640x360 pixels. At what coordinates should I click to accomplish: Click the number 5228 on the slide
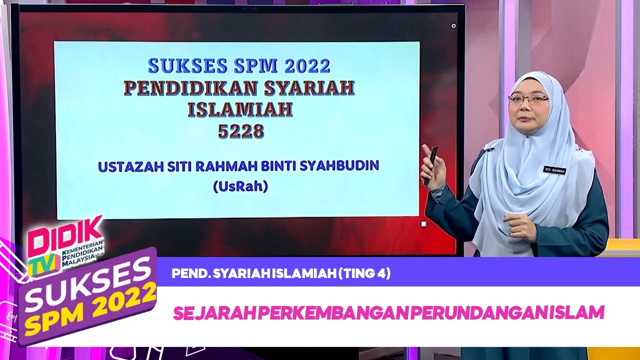(x=240, y=131)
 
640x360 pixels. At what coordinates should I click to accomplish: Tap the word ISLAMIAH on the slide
(x=240, y=109)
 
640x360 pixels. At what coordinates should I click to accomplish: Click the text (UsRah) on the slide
(x=240, y=187)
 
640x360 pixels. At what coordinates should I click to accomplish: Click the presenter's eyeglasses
(x=528, y=98)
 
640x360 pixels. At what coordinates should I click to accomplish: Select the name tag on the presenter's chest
(x=555, y=170)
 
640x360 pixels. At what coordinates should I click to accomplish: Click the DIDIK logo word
(x=65, y=235)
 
